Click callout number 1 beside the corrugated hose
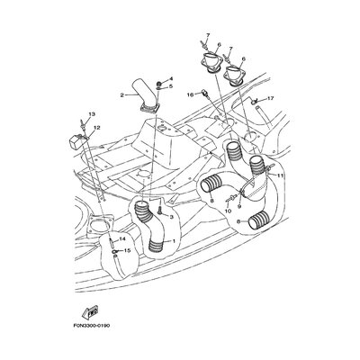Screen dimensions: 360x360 tap(173, 241)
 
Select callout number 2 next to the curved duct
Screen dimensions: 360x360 tap(122, 95)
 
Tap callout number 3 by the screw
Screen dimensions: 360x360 tap(172, 217)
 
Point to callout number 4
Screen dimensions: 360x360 tap(171, 78)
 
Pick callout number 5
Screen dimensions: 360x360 tap(171, 86)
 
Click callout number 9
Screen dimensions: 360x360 tap(239, 206)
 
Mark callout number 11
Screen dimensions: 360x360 tap(280, 175)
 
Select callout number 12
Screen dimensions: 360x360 tap(96, 128)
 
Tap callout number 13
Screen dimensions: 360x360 tap(92, 114)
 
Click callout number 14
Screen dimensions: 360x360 tap(121, 239)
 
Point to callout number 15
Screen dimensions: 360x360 tap(127, 250)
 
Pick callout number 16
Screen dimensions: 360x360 tap(191, 94)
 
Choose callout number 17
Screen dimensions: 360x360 tap(271, 98)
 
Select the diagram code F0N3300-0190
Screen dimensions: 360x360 tap(91, 326)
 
